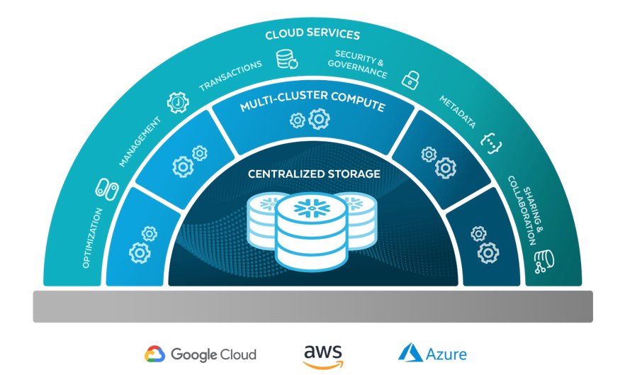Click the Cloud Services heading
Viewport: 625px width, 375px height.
click(312, 35)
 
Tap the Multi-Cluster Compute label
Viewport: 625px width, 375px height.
click(312, 106)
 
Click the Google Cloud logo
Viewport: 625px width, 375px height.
click(201, 354)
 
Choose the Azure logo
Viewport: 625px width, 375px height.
click(432, 353)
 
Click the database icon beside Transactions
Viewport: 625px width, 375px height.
click(286, 59)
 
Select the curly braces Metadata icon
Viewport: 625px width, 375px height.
click(491, 142)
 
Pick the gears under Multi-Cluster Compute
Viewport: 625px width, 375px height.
click(311, 120)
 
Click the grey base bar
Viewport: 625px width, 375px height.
click(312, 306)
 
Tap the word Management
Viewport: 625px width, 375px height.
click(140, 142)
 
